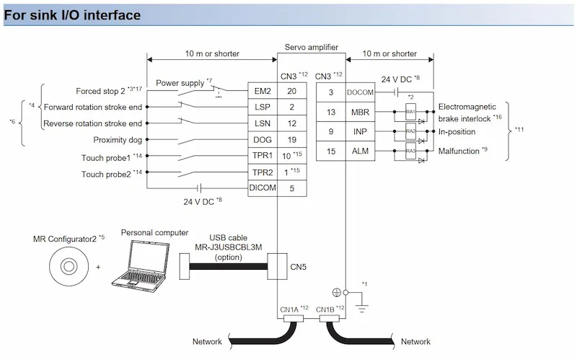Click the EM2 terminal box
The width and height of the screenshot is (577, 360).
[262, 92]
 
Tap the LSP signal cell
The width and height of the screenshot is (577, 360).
[262, 107]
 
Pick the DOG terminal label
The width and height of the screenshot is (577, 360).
[262, 139]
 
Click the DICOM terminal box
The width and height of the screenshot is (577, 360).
[262, 188]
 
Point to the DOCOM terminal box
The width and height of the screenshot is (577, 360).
[358, 92]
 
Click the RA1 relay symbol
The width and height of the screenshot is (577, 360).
[410, 112]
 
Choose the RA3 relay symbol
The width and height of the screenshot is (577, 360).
[410, 151]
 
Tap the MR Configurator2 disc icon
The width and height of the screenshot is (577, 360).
[66, 266]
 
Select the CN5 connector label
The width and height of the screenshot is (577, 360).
[299, 266]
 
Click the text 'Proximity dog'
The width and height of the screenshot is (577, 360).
[118, 139]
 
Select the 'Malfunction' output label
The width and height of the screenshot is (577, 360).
[462, 151]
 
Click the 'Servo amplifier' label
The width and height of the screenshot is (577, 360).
[312, 45]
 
